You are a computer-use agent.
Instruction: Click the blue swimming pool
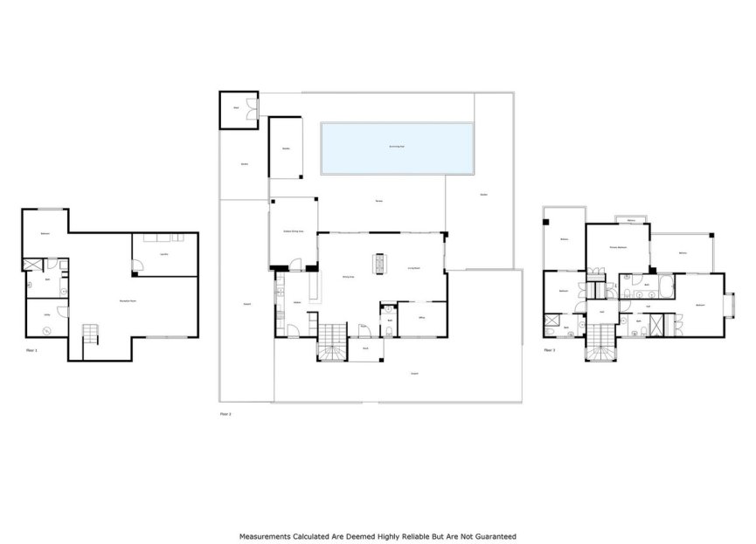point(397,147)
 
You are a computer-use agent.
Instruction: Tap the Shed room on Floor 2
point(236,109)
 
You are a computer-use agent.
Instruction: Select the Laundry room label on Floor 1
point(163,254)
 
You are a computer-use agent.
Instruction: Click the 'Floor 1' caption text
point(32,348)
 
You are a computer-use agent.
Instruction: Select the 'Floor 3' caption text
point(550,348)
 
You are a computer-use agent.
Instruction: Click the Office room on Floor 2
point(421,318)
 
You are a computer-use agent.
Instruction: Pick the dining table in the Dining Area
point(379,262)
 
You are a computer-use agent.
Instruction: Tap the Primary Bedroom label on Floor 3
point(619,248)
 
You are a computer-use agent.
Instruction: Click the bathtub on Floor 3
point(663,284)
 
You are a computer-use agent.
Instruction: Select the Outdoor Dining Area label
point(293,230)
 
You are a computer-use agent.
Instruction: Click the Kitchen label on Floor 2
point(297,303)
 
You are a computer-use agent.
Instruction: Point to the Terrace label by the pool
point(380,202)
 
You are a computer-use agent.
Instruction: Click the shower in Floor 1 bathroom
point(32,265)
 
